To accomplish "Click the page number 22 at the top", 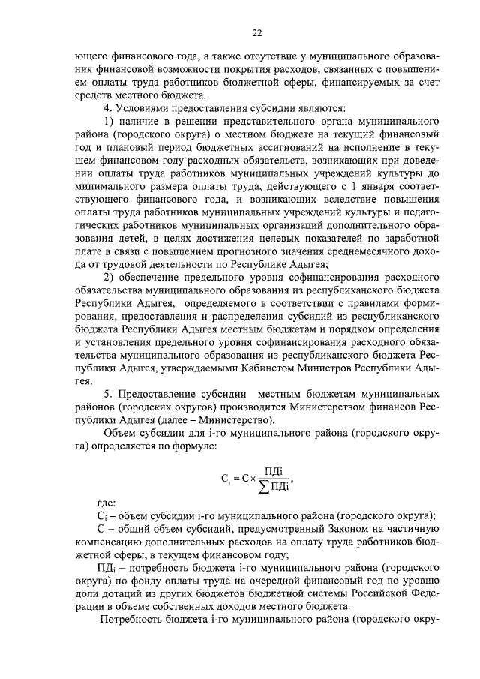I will click(256, 32).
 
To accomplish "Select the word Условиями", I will click(144, 107).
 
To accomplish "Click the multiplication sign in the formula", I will click(252, 480).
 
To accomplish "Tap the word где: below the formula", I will click(107, 503).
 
